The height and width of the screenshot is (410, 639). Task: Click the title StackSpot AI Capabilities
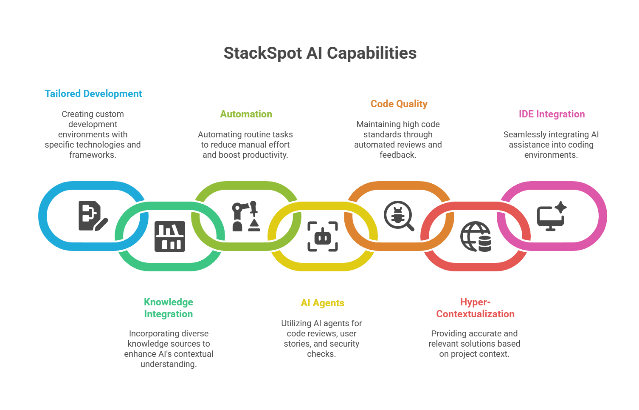pyautogui.click(x=320, y=53)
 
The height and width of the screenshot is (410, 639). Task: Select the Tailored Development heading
pyautogui.click(x=93, y=94)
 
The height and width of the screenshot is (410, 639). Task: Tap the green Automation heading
pyautogui.click(x=246, y=114)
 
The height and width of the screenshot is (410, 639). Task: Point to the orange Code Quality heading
pyautogui.click(x=399, y=104)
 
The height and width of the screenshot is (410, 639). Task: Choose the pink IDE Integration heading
pyautogui.click(x=552, y=114)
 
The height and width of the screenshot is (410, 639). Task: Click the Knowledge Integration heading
pyautogui.click(x=169, y=308)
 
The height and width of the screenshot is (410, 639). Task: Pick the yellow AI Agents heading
pyautogui.click(x=322, y=303)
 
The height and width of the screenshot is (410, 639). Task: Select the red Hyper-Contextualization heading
pyautogui.click(x=475, y=308)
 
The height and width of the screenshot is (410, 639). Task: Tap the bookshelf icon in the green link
pyautogui.click(x=170, y=236)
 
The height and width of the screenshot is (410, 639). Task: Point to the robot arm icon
pyautogui.click(x=245, y=216)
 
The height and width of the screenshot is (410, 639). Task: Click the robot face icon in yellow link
pyautogui.click(x=323, y=236)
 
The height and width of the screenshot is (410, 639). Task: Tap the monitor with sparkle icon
pyautogui.click(x=551, y=216)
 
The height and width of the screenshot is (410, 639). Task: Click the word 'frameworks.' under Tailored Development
pyautogui.click(x=93, y=155)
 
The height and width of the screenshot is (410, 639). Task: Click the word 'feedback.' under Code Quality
pyautogui.click(x=398, y=155)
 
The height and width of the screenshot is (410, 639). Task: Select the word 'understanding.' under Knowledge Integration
pyautogui.click(x=169, y=364)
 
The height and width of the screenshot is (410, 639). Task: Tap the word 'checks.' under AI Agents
pyautogui.click(x=321, y=354)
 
